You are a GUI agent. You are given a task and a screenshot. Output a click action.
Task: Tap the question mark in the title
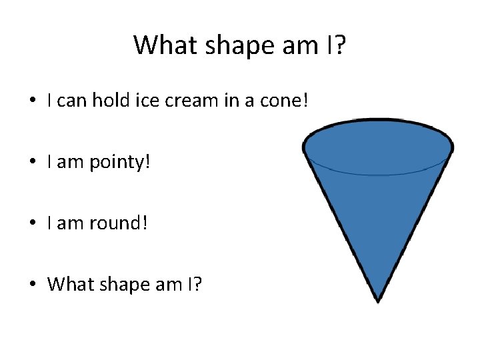point(339,45)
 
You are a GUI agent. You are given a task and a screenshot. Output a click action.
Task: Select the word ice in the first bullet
point(149,101)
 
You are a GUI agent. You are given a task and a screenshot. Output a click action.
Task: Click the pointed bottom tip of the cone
point(378,300)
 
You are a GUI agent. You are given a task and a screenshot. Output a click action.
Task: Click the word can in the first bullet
point(73,101)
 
